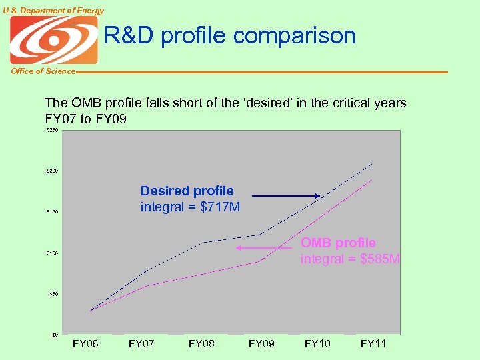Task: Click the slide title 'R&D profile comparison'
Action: tap(229, 36)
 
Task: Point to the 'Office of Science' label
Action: tap(43, 71)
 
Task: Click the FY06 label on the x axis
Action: tap(85, 344)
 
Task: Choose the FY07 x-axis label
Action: tap(141, 344)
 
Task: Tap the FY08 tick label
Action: tap(201, 344)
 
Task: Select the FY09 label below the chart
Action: tap(261, 344)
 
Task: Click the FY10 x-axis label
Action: tap(317, 344)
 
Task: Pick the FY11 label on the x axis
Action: tap(373, 344)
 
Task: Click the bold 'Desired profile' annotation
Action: tap(187, 191)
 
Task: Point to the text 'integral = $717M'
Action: tap(190, 207)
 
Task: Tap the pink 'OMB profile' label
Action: tap(338, 243)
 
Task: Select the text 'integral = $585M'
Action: tap(350, 259)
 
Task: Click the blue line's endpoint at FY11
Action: tap(373, 163)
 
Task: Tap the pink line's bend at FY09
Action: tap(259, 261)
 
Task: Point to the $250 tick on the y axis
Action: tap(51, 131)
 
